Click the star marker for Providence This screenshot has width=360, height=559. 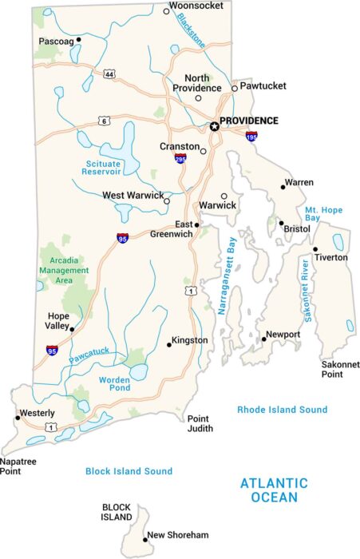coord(214,126)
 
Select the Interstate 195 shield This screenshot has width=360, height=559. coord(251,137)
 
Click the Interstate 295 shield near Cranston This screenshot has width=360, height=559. coord(181,159)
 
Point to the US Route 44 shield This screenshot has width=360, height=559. coord(109,74)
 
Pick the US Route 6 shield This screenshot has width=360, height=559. coord(104,121)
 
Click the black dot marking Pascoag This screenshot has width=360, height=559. coord(79,41)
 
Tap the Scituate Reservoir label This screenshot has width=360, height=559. coord(103,167)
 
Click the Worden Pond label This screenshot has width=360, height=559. coord(114,384)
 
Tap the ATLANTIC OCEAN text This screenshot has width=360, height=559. coord(274,490)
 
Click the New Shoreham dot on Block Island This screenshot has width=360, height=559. coord(144,540)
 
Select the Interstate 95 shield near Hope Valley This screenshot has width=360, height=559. coord(52,350)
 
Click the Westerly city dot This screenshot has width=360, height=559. coord(17,417)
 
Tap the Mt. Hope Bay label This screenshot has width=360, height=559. coord(323,213)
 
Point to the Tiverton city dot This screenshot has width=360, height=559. coord(315,249)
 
